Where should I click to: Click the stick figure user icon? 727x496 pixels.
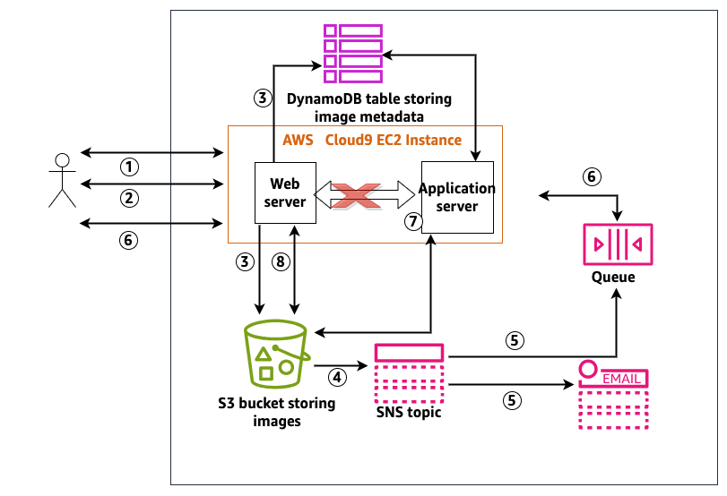pos(61,180)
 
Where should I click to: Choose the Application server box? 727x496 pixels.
pos(457,197)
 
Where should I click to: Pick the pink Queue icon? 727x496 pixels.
pos(618,244)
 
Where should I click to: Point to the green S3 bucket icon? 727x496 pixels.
pos(276,355)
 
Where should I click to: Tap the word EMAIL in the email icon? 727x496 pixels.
pos(621,379)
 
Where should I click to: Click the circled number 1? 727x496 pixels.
pos(131,167)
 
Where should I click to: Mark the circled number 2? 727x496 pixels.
pos(131,197)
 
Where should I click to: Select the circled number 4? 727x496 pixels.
pos(338,378)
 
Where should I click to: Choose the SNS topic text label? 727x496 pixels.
pos(409,413)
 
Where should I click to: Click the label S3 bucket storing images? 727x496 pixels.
pos(277,412)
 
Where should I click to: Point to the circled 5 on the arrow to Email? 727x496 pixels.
pos(513,400)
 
